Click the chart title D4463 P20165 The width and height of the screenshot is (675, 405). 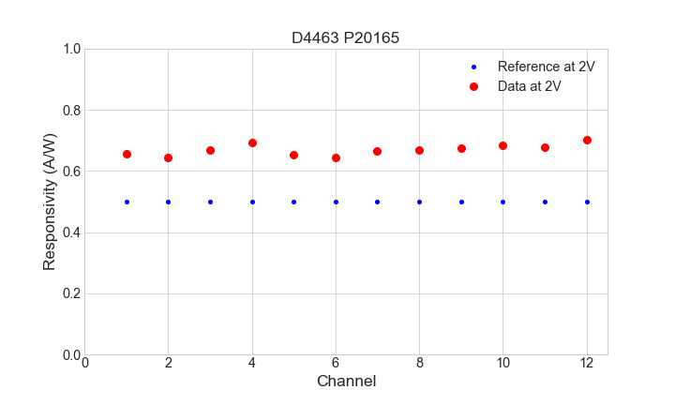pyautogui.click(x=346, y=37)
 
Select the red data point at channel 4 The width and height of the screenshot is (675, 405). pyautogui.click(x=252, y=142)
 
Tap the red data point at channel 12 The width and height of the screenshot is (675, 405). pyautogui.click(x=587, y=140)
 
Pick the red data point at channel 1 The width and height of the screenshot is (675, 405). pyautogui.click(x=127, y=154)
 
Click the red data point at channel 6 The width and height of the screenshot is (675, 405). pyautogui.click(x=336, y=157)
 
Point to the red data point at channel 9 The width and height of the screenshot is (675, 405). pyautogui.click(x=461, y=148)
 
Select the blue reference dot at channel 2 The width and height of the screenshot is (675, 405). pyautogui.click(x=168, y=202)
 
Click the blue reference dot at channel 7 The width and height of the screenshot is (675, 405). pyautogui.click(x=377, y=202)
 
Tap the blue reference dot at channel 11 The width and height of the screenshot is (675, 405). pyautogui.click(x=545, y=202)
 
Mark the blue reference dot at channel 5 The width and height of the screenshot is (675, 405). pyautogui.click(x=293, y=202)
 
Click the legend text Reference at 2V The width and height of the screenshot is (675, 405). pyautogui.click(x=547, y=67)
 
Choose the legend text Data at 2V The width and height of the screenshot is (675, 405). pyautogui.click(x=530, y=86)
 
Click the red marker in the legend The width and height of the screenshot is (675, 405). pyautogui.click(x=473, y=86)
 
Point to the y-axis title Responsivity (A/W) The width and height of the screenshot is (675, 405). pyautogui.click(x=50, y=202)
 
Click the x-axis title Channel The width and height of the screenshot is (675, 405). pyautogui.click(x=346, y=382)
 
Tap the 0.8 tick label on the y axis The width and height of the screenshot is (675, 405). pyautogui.click(x=70, y=111)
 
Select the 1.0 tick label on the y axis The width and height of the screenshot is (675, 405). pyautogui.click(x=70, y=49)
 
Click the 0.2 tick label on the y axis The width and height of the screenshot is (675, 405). pyautogui.click(x=70, y=293)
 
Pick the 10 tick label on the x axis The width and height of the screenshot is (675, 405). pyautogui.click(x=502, y=363)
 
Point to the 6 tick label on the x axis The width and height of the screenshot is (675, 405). pyautogui.click(x=336, y=363)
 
